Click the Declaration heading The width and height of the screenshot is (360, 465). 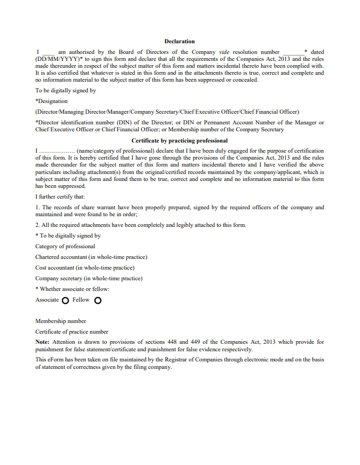pos(179,41)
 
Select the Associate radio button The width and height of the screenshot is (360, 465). pos(65,301)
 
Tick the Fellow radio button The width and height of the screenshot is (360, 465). pos(98,301)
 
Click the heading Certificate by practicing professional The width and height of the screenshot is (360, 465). pos(179,140)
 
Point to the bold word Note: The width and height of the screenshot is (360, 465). pos(43,342)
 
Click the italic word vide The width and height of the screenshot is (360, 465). pos(224,52)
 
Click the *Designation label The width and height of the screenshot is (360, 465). pos(52,101)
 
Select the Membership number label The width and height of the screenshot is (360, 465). pos(61,321)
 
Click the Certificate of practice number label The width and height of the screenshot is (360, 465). pos(71,332)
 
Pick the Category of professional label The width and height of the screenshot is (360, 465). pos(65,246)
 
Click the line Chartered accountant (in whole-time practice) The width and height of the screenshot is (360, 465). pos(91,257)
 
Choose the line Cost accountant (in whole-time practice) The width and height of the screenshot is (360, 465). pos(85,267)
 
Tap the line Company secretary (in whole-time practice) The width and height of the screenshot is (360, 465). pos(89,278)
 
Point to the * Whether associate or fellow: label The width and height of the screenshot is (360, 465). pos(73,289)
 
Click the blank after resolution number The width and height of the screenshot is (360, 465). pos(292,52)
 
